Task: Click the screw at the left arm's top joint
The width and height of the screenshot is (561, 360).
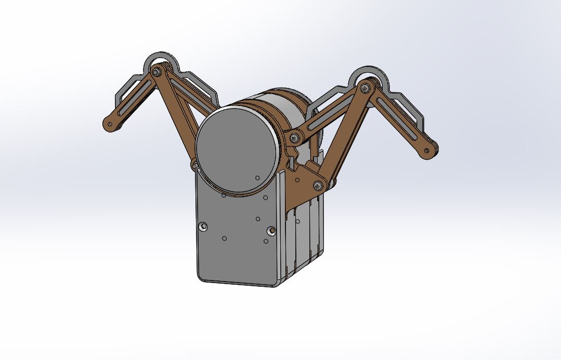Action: (x=157, y=72)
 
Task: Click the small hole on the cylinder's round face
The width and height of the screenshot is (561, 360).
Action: (x=257, y=178)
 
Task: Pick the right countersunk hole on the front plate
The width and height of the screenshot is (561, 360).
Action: (x=270, y=230)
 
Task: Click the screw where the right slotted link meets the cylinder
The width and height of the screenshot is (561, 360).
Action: (x=295, y=138)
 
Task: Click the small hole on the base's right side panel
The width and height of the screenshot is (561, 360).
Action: (x=298, y=221)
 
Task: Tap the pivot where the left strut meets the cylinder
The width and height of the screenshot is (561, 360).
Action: (x=195, y=165)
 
